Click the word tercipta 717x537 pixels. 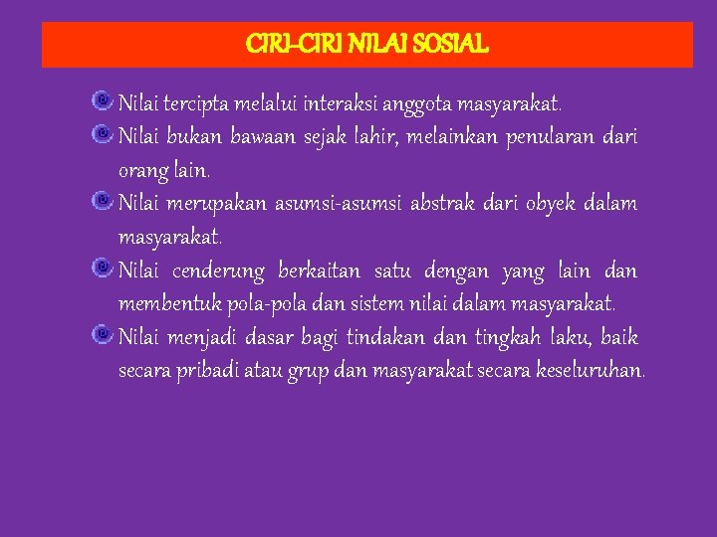[x=198, y=102]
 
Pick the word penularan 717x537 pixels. [x=546, y=136]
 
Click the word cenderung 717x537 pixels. [x=218, y=271]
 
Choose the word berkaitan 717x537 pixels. [x=324, y=271]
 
